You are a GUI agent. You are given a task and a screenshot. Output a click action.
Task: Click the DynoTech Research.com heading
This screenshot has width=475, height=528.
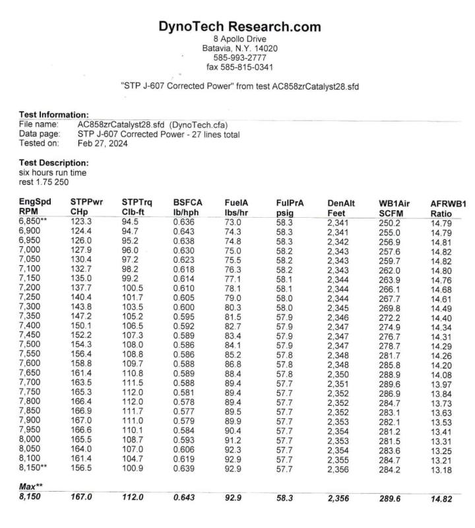click(x=239, y=27)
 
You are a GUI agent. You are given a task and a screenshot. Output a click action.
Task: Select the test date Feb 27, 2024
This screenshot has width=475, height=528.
click(x=102, y=143)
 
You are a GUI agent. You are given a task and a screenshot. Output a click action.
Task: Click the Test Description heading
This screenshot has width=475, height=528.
click(x=53, y=162)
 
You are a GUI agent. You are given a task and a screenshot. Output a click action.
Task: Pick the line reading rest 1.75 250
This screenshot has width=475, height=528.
click(x=44, y=181)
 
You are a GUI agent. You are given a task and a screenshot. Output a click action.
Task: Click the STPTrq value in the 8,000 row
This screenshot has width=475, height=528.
click(x=131, y=438)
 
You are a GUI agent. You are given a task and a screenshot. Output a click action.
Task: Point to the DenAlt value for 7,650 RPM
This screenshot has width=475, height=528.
click(x=341, y=374)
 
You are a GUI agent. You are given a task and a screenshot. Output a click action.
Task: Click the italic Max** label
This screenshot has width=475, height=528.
click(x=30, y=485)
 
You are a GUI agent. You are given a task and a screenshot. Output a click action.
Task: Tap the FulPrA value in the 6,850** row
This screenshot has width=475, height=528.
click(x=284, y=222)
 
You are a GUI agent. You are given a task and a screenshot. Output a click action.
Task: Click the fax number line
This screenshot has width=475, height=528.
click(x=239, y=67)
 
